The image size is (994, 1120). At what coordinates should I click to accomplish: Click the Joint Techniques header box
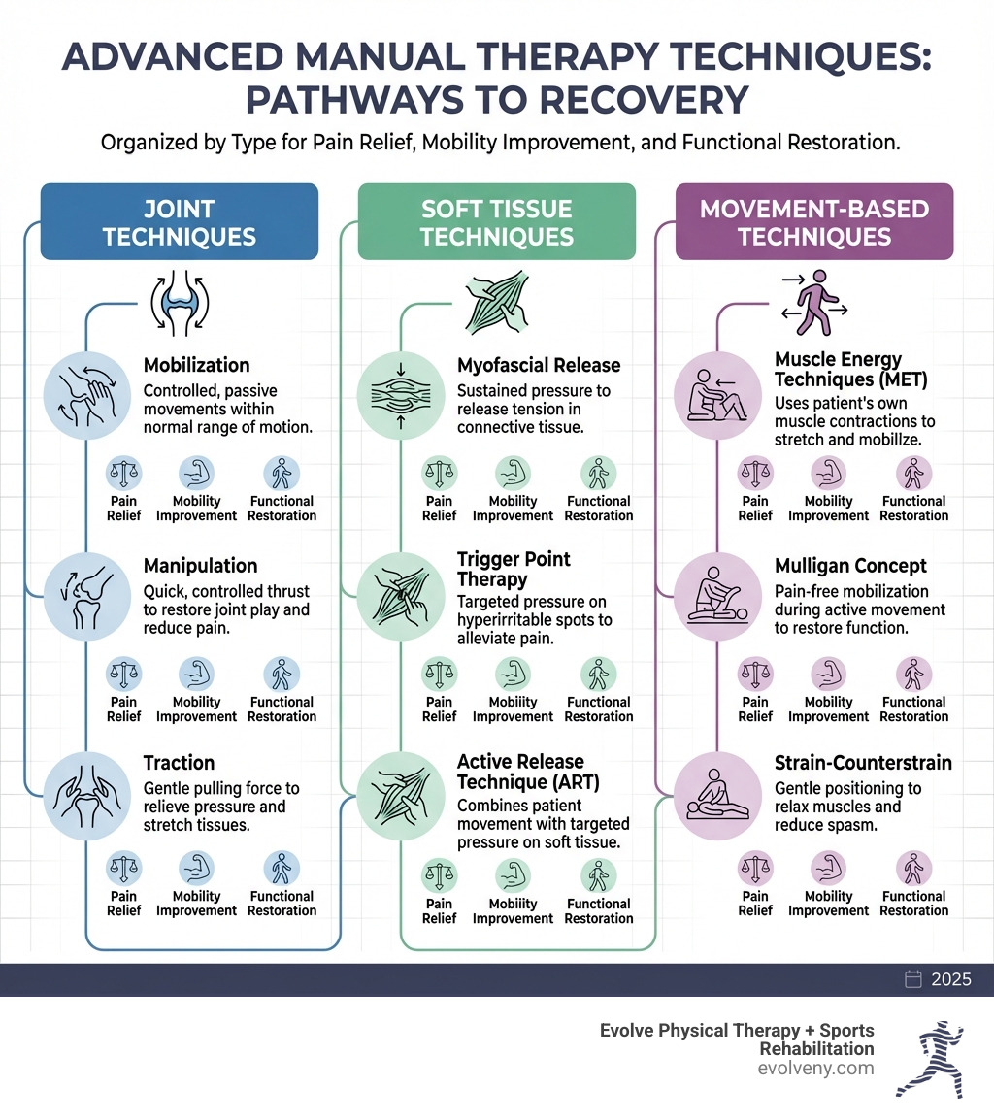(x=179, y=222)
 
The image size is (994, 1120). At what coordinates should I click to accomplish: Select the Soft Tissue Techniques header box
(x=496, y=222)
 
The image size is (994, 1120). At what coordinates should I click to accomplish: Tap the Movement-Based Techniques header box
(x=813, y=222)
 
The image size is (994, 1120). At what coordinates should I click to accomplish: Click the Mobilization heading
(x=196, y=366)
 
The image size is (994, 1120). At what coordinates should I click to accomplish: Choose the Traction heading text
(x=179, y=763)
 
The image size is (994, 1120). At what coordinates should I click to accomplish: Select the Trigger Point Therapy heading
(x=514, y=569)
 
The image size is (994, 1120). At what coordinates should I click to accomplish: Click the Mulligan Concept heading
(x=850, y=566)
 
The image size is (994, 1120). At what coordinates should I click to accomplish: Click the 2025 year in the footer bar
(x=950, y=979)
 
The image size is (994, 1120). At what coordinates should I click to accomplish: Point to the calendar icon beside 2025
(x=912, y=979)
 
